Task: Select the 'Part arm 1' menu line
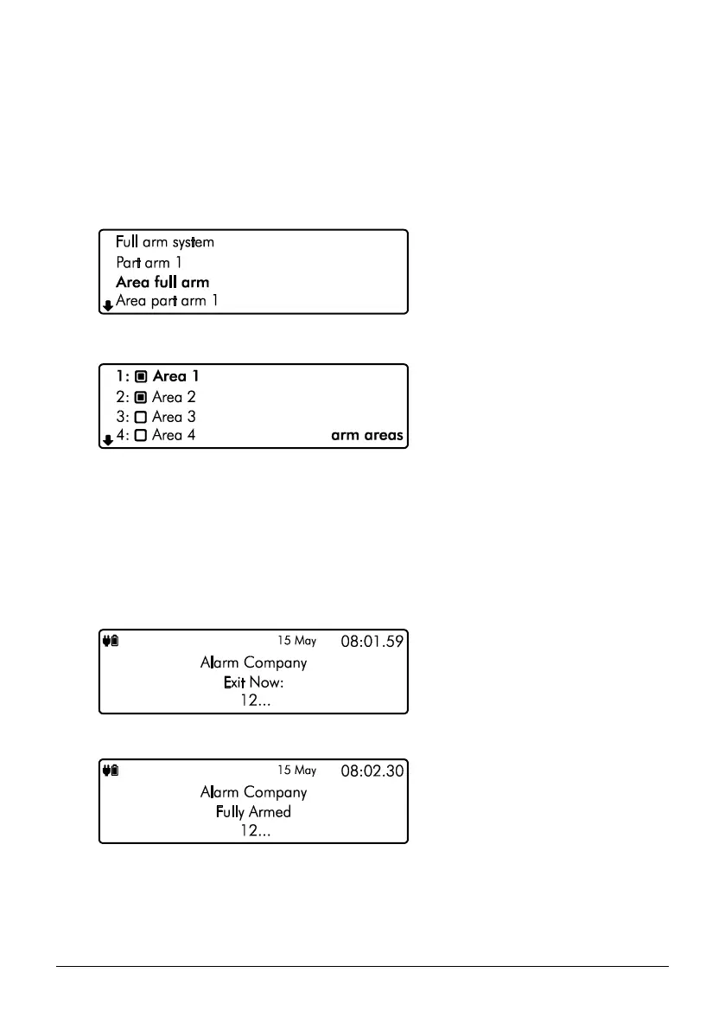coord(149,262)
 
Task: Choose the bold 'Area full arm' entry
coord(162,282)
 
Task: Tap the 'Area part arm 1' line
coord(168,301)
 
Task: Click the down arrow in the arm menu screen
coord(107,304)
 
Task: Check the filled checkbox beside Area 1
coord(141,377)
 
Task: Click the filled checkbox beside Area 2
coord(141,398)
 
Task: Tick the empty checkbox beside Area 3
coord(141,417)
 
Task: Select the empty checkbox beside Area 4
coord(141,436)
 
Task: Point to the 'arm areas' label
coord(367,436)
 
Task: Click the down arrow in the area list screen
coord(107,439)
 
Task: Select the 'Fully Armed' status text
coord(252,812)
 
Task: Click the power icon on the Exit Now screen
coord(110,642)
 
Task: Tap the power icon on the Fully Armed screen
coord(110,771)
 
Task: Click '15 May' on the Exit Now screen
coord(296,642)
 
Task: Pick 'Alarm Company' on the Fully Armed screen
coord(253,792)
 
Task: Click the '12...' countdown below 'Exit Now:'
coord(253,702)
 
